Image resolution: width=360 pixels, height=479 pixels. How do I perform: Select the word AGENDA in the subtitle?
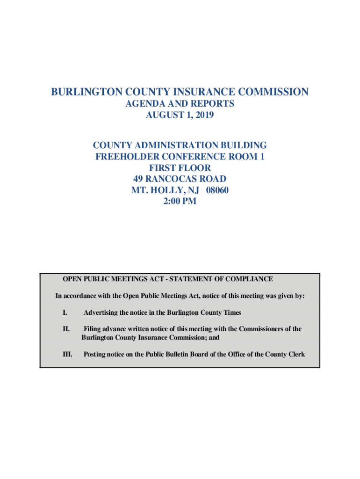pyautogui.click(x=144, y=103)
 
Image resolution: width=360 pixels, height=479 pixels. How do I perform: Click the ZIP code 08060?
pyautogui.click(x=216, y=190)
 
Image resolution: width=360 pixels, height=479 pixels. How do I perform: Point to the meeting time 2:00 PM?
pyautogui.click(x=180, y=202)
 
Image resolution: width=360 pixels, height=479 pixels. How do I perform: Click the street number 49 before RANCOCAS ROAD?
pyautogui.click(x=139, y=179)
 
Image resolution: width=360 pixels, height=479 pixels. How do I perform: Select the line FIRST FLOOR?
pyautogui.click(x=180, y=167)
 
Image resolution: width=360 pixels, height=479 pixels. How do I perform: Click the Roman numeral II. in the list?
pyautogui.click(x=66, y=329)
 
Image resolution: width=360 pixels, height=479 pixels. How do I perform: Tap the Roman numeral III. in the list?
pyautogui.click(x=67, y=355)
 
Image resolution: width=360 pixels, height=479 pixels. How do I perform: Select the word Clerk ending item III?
pyautogui.click(x=295, y=355)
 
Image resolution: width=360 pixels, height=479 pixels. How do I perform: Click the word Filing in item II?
pyautogui.click(x=92, y=329)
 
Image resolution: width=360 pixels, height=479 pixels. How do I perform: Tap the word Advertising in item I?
pyautogui.click(x=101, y=312)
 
